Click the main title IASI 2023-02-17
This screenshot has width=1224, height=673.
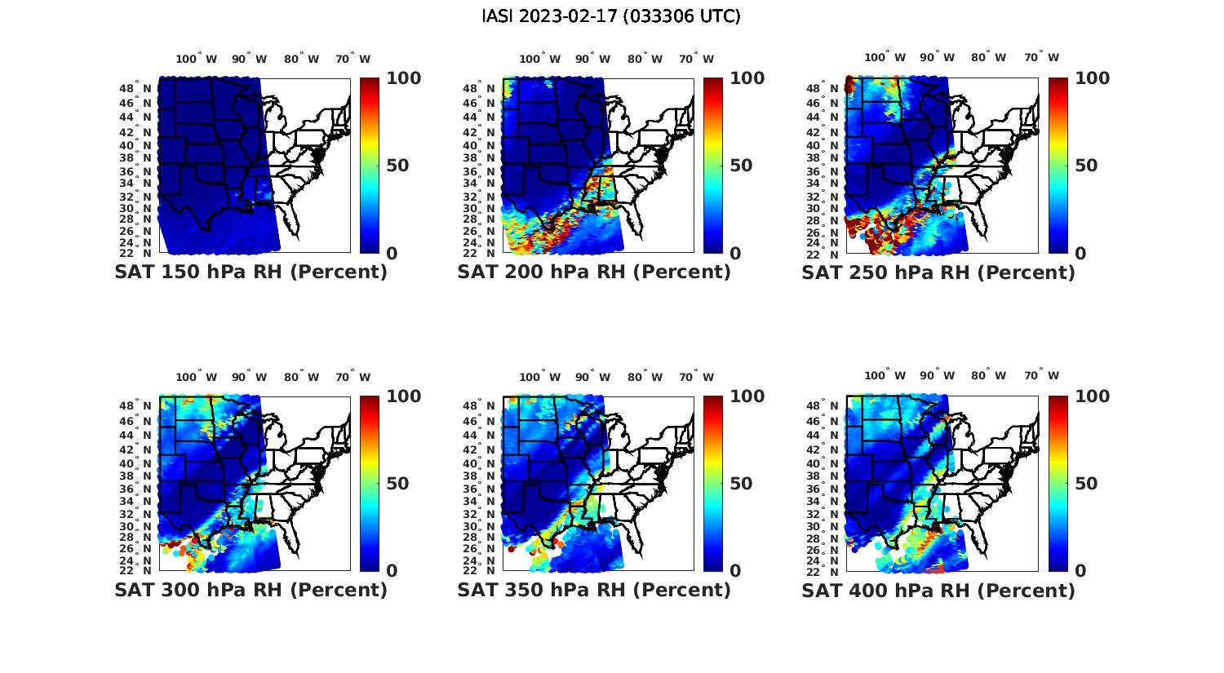611,16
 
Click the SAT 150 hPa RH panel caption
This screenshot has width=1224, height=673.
251,272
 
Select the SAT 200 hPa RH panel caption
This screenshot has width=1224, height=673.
594,272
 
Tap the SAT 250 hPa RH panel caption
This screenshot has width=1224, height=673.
938,272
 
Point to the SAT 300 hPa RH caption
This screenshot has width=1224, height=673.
251,590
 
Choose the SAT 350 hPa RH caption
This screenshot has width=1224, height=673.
594,590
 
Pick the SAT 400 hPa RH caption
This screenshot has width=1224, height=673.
938,590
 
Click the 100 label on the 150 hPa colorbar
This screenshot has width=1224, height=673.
403,78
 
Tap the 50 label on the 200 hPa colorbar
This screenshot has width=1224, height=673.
741,166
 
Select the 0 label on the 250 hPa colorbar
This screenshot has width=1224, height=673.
1080,254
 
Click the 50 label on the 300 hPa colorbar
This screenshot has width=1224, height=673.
397,484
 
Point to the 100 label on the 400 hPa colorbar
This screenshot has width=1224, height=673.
1092,396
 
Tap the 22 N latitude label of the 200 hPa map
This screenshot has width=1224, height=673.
479,253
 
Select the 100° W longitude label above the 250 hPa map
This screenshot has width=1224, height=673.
885,58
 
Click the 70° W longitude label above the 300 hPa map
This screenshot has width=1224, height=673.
353,377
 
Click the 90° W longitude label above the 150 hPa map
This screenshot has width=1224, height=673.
249,59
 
